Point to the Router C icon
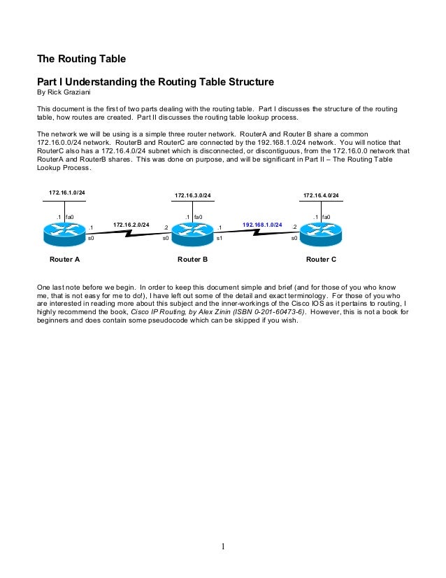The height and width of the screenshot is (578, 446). point(321,232)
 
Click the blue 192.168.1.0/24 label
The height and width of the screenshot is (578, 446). point(262,225)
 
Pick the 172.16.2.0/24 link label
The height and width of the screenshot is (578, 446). point(131,225)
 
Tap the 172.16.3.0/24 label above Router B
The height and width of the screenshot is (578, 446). point(192,195)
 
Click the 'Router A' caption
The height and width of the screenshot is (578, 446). point(64,260)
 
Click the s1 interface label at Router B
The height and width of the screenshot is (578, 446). point(219,239)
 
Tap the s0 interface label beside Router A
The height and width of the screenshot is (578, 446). point(90,239)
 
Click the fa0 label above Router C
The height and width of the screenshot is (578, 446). point(326,217)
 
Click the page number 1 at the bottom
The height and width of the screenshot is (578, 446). point(223,547)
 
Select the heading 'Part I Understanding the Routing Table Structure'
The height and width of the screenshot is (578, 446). point(154,82)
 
